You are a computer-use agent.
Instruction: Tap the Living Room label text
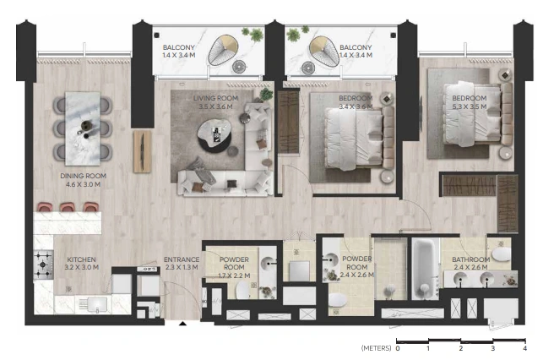215,98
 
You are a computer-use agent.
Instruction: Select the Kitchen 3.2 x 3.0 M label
81,264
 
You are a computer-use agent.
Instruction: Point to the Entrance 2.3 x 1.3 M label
182,264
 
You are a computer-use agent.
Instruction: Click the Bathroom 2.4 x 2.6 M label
470,264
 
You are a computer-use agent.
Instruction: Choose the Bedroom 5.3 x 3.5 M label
470,102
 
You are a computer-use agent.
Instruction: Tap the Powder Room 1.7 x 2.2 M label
234,268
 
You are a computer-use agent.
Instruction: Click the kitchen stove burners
43,265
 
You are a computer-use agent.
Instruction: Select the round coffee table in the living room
214,135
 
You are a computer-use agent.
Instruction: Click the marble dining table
83,128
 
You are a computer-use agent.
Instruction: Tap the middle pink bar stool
68,207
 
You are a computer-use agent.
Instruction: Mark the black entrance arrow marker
183,324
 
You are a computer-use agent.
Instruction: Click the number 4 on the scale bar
525,348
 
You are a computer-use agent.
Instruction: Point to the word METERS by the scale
376,348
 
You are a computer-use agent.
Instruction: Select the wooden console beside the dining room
143,151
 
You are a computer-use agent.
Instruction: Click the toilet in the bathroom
501,254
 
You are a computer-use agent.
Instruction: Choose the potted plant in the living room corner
266,95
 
